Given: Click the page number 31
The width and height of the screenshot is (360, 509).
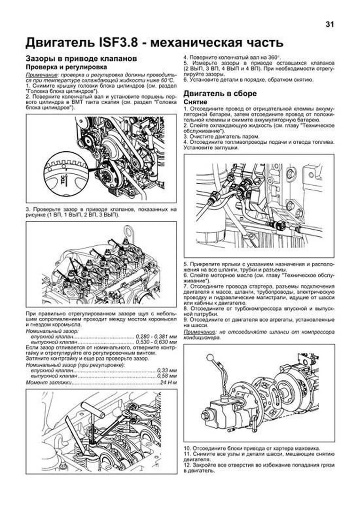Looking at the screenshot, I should (x=329, y=25).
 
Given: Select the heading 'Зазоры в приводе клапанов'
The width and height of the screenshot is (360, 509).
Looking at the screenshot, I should (x=81, y=58).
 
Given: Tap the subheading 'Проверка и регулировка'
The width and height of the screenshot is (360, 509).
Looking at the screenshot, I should (x=66, y=67).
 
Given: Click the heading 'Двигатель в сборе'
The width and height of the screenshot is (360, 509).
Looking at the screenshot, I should (x=220, y=94).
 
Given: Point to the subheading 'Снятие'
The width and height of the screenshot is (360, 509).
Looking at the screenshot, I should (x=195, y=102).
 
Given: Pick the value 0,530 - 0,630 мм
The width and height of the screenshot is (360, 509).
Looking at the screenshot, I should (x=156, y=342).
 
